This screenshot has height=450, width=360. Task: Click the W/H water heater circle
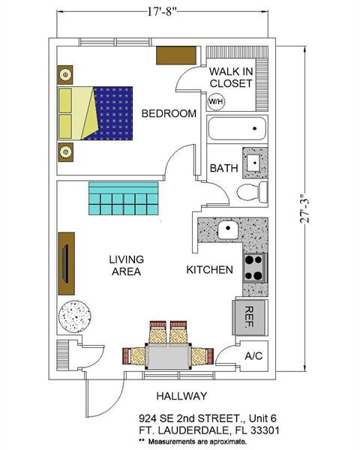(x=216, y=100)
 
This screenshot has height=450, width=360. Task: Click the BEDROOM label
(x=169, y=113)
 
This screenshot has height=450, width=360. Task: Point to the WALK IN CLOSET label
(x=230, y=77)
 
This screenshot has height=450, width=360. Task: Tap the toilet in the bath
(x=251, y=192)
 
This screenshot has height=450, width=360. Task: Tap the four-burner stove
(x=254, y=267)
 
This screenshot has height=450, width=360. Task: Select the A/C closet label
(x=253, y=357)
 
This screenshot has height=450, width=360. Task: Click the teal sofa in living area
(x=123, y=197)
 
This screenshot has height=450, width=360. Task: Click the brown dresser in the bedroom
(x=176, y=55)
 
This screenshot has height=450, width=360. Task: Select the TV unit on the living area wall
(x=67, y=262)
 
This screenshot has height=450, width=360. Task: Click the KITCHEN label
(x=209, y=269)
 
